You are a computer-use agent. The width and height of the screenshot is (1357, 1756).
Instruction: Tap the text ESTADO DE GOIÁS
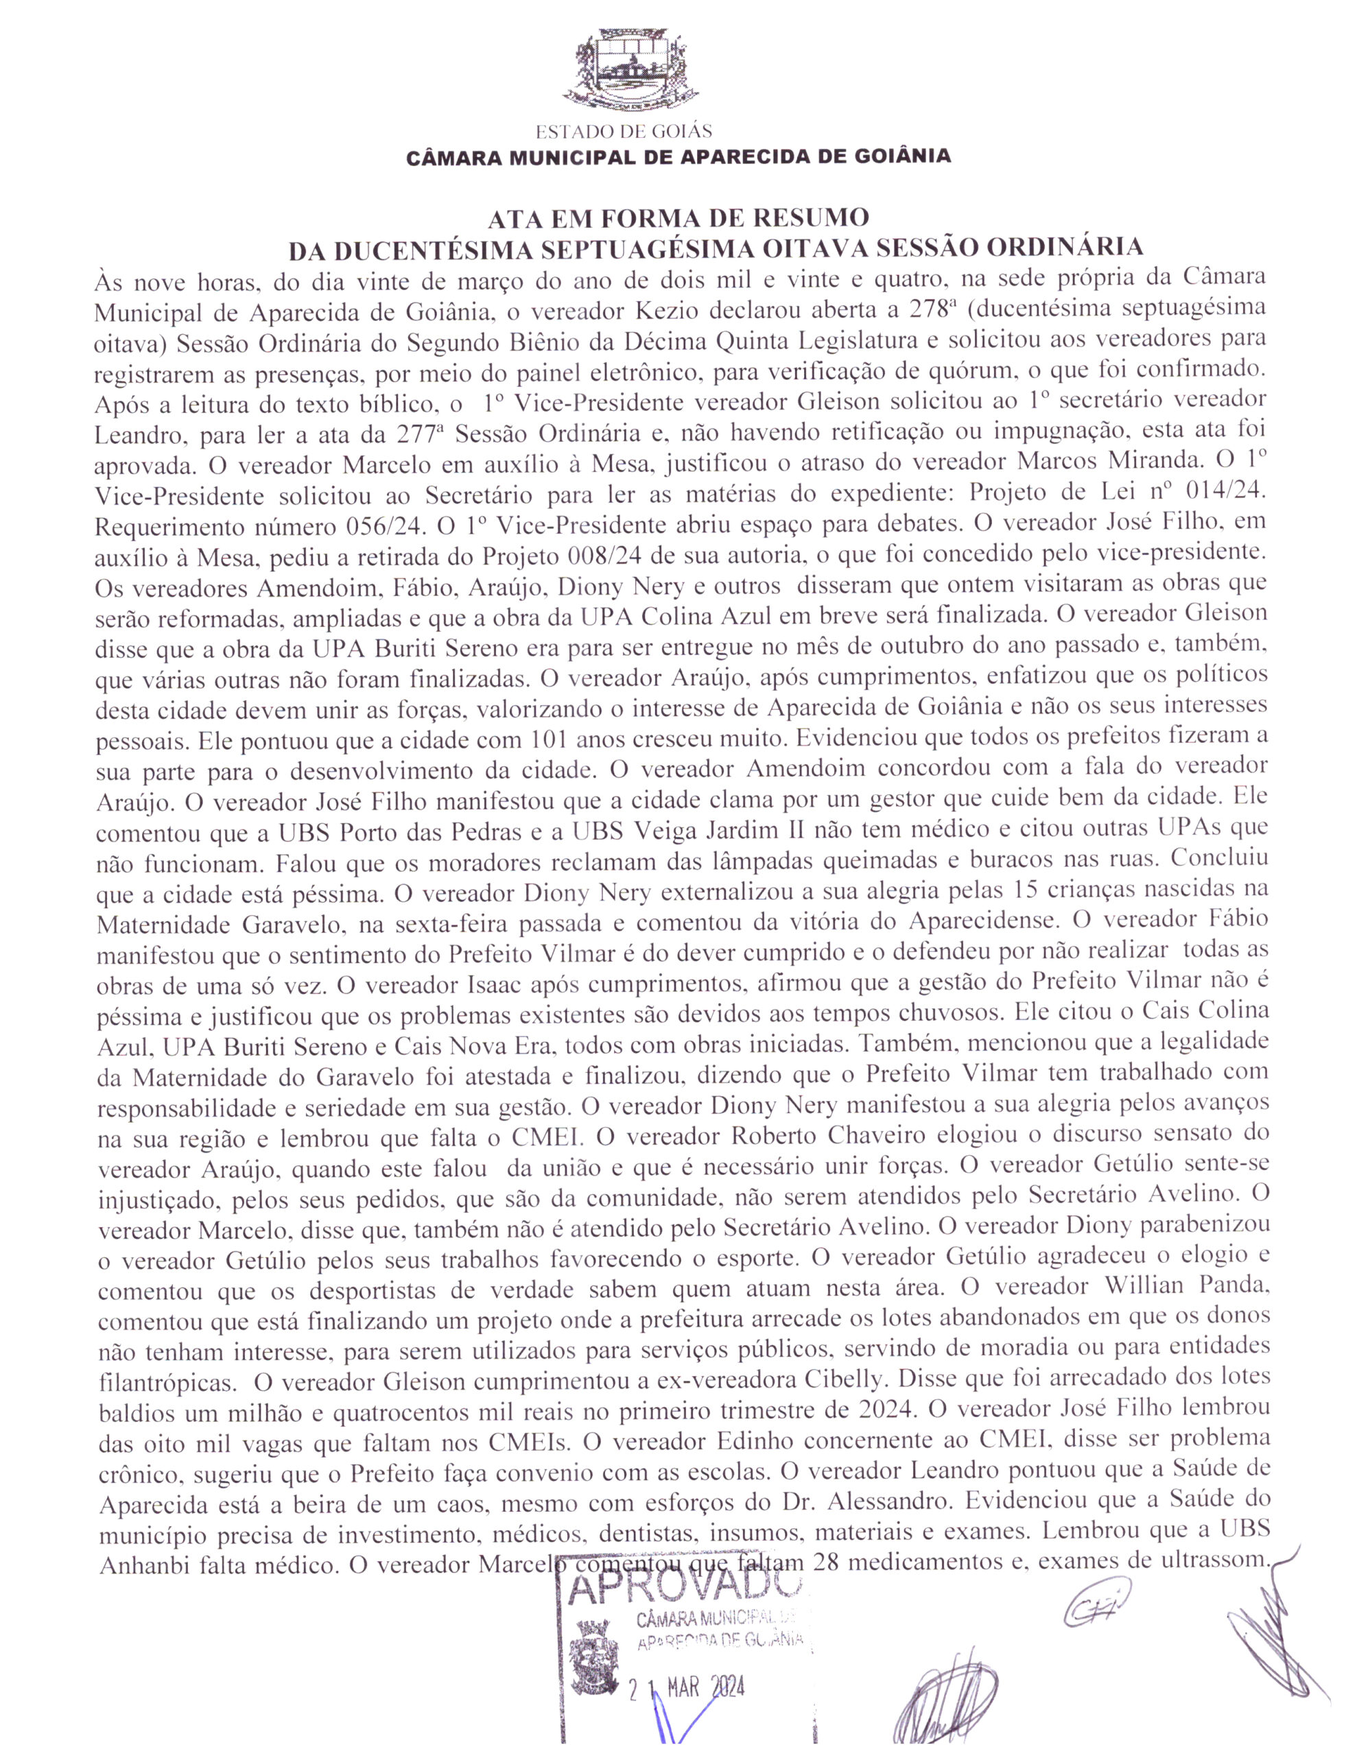click(x=624, y=130)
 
